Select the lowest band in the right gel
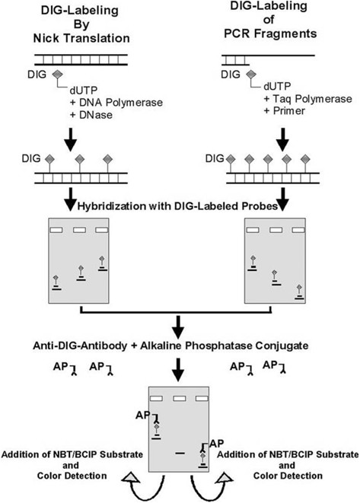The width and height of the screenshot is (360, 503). point(299,301)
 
